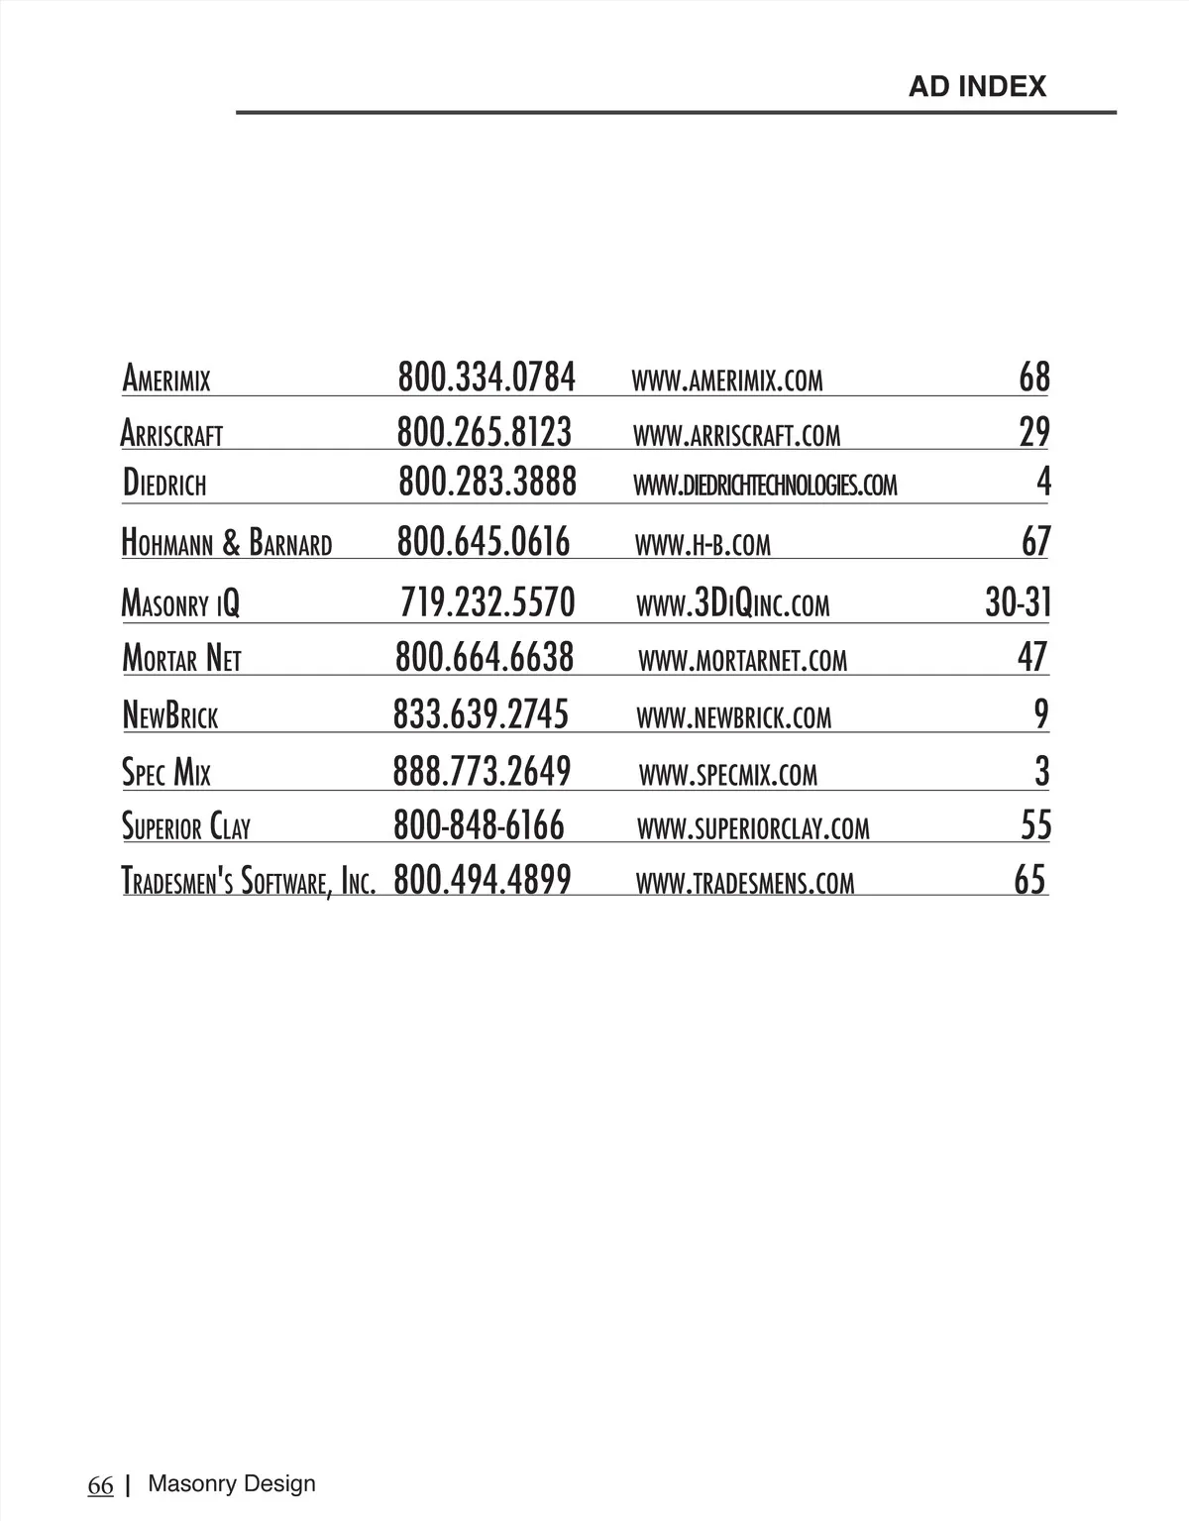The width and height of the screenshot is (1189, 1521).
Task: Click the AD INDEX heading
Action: click(x=977, y=87)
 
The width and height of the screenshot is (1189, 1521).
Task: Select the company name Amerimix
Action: click(x=166, y=380)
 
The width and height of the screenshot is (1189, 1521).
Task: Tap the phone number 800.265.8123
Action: click(x=485, y=433)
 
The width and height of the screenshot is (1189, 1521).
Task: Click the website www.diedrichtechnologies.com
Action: click(x=765, y=486)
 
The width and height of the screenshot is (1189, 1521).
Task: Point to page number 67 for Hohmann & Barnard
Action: click(x=1035, y=542)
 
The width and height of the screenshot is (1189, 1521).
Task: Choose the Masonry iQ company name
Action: click(x=180, y=603)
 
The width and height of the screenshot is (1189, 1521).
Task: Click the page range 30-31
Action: click(x=1018, y=602)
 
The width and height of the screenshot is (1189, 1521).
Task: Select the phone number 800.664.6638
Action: click(x=485, y=657)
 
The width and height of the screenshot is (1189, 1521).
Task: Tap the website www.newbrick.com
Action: click(x=734, y=717)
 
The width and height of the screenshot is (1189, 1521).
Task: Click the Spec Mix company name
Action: click(x=166, y=773)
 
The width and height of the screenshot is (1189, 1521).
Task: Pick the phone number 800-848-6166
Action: click(x=479, y=825)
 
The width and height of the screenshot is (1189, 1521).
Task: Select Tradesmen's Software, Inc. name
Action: click(x=249, y=881)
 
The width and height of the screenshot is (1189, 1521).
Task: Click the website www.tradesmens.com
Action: click(x=745, y=883)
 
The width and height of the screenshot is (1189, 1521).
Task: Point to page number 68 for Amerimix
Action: click(x=1034, y=378)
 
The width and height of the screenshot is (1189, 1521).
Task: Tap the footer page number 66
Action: click(x=101, y=1485)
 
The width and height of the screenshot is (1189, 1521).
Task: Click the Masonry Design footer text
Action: click(x=232, y=1483)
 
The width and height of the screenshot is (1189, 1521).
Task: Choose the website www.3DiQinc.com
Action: click(x=733, y=603)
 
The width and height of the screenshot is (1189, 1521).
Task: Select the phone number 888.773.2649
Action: click(x=482, y=771)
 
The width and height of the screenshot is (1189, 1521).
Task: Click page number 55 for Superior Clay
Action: click(x=1035, y=825)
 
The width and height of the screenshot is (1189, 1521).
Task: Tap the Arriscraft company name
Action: click(x=171, y=434)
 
